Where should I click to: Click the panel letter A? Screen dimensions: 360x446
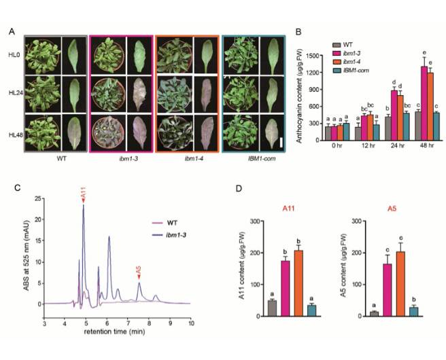point(12,31)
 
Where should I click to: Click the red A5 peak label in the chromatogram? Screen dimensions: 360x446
point(139,270)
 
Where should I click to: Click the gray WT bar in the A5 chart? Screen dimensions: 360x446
point(373,313)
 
